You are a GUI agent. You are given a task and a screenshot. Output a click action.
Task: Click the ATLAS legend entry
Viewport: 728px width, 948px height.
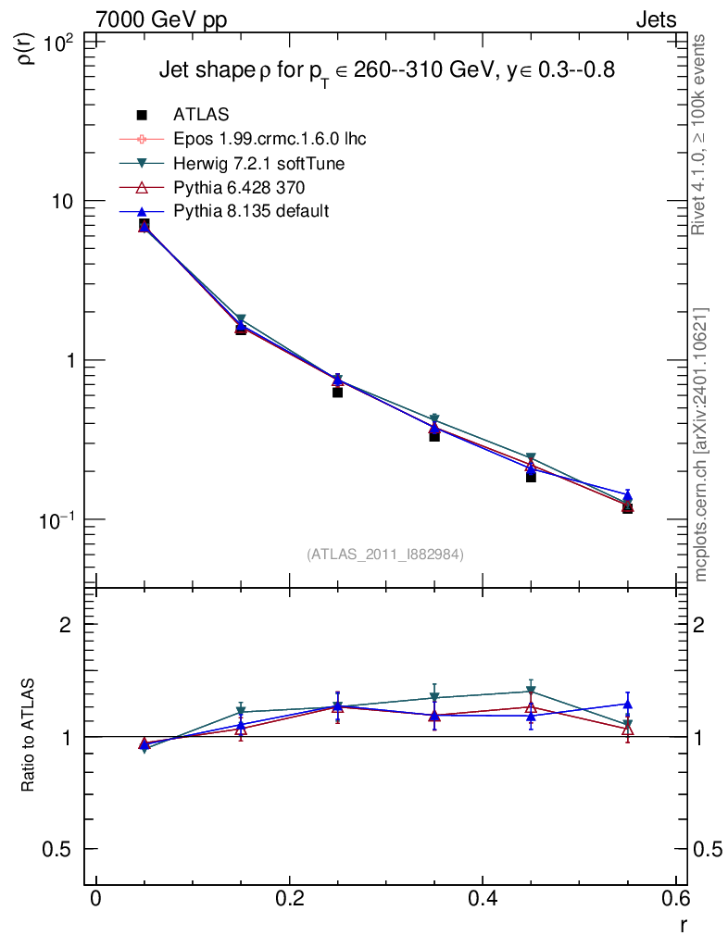point(201,115)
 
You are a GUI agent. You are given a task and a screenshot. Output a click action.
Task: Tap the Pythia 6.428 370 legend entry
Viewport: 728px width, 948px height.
point(239,188)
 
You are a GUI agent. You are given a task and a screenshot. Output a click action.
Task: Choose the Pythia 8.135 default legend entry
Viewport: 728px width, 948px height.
point(250,212)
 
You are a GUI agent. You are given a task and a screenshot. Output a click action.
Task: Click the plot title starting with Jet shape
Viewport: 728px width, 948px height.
point(386,71)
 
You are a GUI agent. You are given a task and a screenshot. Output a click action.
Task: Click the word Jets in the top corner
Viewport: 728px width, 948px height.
point(655,19)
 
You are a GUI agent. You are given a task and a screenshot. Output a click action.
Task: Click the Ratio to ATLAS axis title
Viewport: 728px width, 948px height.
point(28,736)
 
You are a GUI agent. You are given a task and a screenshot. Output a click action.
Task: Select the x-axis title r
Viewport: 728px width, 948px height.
point(683,923)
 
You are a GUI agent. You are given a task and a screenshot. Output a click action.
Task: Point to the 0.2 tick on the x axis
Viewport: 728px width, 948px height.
point(289,899)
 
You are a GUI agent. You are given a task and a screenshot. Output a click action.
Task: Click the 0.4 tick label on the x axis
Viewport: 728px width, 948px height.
point(483,899)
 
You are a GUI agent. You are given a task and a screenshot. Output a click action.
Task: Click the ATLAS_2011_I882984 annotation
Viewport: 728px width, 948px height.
point(385,554)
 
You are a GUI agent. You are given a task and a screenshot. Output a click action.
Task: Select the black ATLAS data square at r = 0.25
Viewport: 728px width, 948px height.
point(337,392)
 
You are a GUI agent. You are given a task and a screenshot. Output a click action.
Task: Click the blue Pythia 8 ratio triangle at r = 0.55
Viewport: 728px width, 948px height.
point(627,705)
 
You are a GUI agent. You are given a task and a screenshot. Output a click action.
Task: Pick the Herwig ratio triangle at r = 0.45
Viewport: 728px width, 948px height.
point(531,691)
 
